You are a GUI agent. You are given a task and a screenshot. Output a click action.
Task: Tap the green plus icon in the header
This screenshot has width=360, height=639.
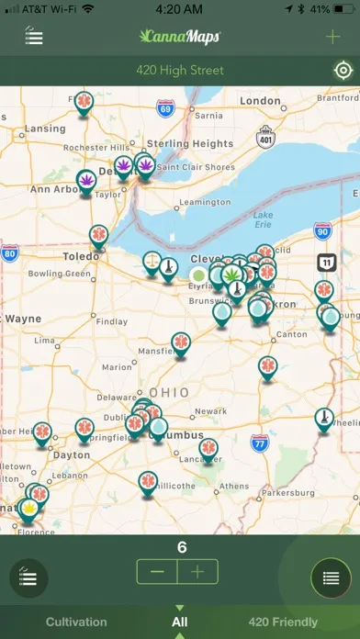332,37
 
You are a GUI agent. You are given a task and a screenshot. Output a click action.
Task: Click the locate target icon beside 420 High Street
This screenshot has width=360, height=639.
342,71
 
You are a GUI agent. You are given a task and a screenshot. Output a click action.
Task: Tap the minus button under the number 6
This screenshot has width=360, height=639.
157,571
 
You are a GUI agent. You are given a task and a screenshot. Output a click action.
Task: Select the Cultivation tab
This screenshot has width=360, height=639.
76,622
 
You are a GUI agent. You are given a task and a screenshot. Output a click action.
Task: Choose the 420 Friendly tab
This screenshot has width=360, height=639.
283,622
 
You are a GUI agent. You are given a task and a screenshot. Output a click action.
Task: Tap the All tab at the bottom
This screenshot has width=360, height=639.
180,622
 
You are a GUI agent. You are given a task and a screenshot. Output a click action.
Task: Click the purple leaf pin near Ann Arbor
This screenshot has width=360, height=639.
85,179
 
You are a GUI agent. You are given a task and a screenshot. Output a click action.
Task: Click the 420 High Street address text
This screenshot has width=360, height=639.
180,71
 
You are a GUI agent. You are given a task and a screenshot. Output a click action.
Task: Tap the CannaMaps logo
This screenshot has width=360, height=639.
180,37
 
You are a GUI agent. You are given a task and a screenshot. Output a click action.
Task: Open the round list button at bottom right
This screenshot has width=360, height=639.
331,578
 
